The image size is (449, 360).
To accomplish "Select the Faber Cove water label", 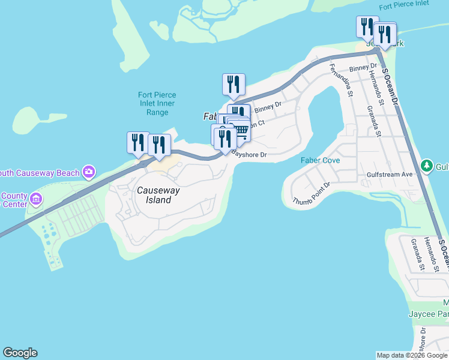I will tap(321, 160).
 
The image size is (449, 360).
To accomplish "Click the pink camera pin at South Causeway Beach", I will tap(89, 173).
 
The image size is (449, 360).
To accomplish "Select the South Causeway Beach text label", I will tap(41, 173).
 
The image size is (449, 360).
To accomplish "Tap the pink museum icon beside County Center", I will tap(35, 198).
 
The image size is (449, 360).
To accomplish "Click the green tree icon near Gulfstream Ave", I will tap(427, 164).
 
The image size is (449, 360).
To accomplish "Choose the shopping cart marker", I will tap(241, 130).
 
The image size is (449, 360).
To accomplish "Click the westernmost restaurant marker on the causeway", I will tap(138, 142).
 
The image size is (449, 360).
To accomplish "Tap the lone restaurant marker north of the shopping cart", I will tap(234, 84).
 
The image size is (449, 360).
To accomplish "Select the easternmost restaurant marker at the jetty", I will tap(385, 34).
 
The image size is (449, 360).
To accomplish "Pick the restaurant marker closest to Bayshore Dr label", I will tap(226, 139).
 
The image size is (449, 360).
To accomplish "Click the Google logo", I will tap(20, 353).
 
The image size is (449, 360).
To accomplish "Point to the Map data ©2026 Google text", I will tap(412, 355).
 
